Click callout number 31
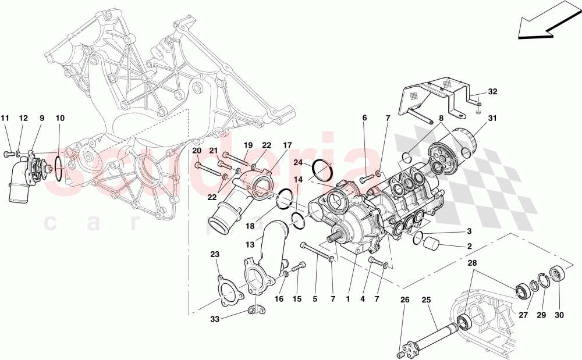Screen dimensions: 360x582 pyautogui.click(x=493, y=120)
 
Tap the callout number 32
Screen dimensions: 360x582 pyautogui.click(x=492, y=92)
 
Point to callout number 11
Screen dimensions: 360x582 pyautogui.click(x=6, y=118)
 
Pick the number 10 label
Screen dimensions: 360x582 pyautogui.click(x=60, y=118)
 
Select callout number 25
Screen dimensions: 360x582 pyautogui.click(x=426, y=300)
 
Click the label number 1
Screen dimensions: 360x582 pyautogui.click(x=347, y=300)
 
